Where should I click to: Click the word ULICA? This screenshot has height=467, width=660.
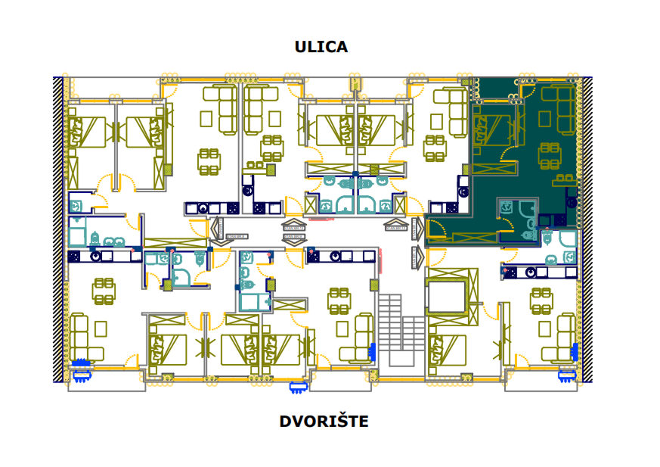click(x=321, y=47)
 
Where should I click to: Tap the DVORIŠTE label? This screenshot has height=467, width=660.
click(x=324, y=421)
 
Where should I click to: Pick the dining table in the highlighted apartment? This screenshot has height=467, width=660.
click(x=550, y=155)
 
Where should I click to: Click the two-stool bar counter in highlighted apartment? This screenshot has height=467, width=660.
click(x=565, y=182)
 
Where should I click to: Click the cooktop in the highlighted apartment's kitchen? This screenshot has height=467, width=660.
click(x=560, y=219)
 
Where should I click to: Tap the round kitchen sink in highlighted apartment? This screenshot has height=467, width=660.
click(x=572, y=202)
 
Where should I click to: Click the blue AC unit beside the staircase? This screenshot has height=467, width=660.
click(x=372, y=352)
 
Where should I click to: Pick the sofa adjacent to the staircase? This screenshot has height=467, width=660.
click(x=355, y=337)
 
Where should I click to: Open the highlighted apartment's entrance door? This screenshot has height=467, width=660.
click(x=435, y=227)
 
